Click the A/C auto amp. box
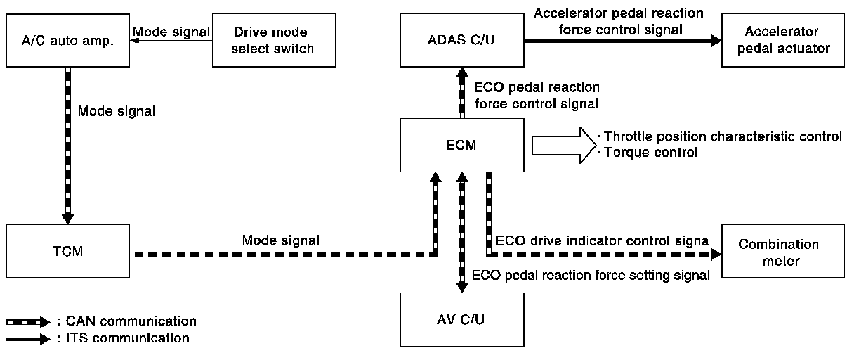tap(68, 41)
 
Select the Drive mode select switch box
tap(274, 40)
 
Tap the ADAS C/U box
tap(462, 40)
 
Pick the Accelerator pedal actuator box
tap(783, 40)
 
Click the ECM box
tap(462, 145)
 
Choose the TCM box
tap(68, 251)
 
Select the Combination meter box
tap(783, 251)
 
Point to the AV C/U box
tap(462, 319)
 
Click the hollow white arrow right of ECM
tap(564, 145)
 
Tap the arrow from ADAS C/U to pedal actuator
tap(622, 41)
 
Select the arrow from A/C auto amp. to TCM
tap(68, 146)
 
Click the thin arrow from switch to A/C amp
tap(171, 41)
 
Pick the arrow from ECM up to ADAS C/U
tap(462, 93)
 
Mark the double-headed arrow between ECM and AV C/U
tap(462, 233)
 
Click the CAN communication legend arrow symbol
tap(28, 322)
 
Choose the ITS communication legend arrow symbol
tap(28, 339)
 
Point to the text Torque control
tap(651, 153)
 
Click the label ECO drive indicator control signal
tap(603, 241)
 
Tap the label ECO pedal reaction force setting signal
tap(591, 275)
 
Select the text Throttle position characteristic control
tap(723, 136)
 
